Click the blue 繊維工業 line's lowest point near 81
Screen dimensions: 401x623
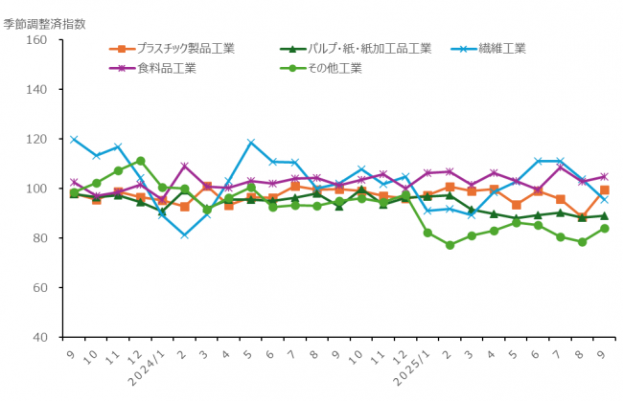point(184,234)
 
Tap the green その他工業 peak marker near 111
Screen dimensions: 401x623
point(140,161)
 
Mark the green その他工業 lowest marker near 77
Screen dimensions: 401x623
point(450,245)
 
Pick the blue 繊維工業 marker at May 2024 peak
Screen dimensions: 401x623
point(250,144)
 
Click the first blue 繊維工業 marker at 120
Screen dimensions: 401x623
point(74,140)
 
